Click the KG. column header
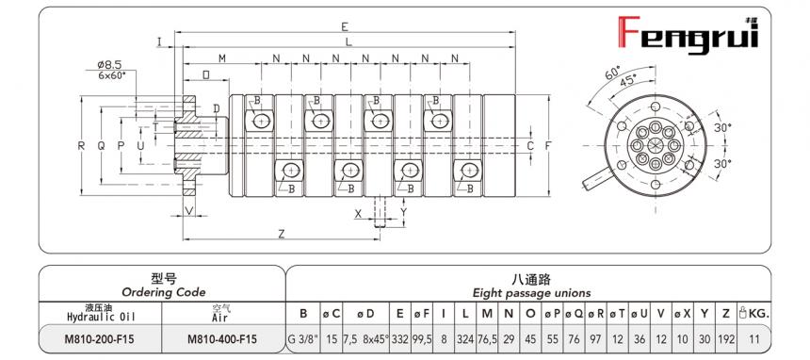click(x=760, y=312)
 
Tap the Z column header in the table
click(x=725, y=312)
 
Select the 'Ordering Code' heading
click(x=163, y=292)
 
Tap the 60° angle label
click(x=612, y=73)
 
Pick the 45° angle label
click(x=626, y=82)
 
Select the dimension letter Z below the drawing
click(x=282, y=232)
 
